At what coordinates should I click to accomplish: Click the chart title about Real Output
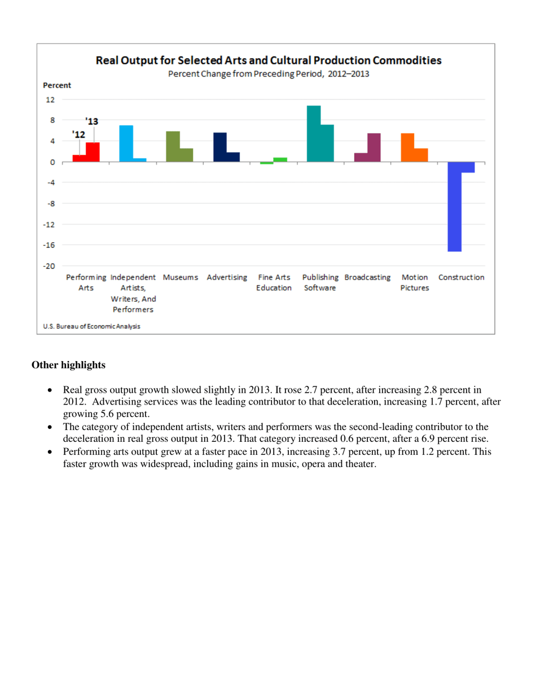(x=268, y=60)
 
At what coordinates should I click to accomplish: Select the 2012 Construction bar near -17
(x=455, y=207)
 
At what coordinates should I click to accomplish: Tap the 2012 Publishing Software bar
(x=314, y=134)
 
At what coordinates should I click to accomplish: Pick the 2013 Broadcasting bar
(x=374, y=147)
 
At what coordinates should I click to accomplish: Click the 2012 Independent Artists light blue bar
(x=126, y=143)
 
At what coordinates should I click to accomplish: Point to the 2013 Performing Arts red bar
(x=93, y=152)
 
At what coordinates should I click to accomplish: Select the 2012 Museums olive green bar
(x=173, y=146)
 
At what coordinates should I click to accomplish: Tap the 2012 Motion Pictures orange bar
(x=407, y=147)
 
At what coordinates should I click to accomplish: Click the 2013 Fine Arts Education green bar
(x=280, y=160)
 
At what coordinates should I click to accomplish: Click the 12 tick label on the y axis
(x=51, y=100)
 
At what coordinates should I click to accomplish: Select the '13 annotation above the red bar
(x=91, y=121)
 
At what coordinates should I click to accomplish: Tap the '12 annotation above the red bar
(x=78, y=134)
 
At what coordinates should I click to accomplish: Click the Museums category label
(x=180, y=278)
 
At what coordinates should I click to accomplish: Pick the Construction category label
(x=461, y=278)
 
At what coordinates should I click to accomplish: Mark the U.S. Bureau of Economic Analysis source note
(x=92, y=326)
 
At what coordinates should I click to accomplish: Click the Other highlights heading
(x=68, y=365)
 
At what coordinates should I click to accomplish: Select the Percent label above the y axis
(x=57, y=86)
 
